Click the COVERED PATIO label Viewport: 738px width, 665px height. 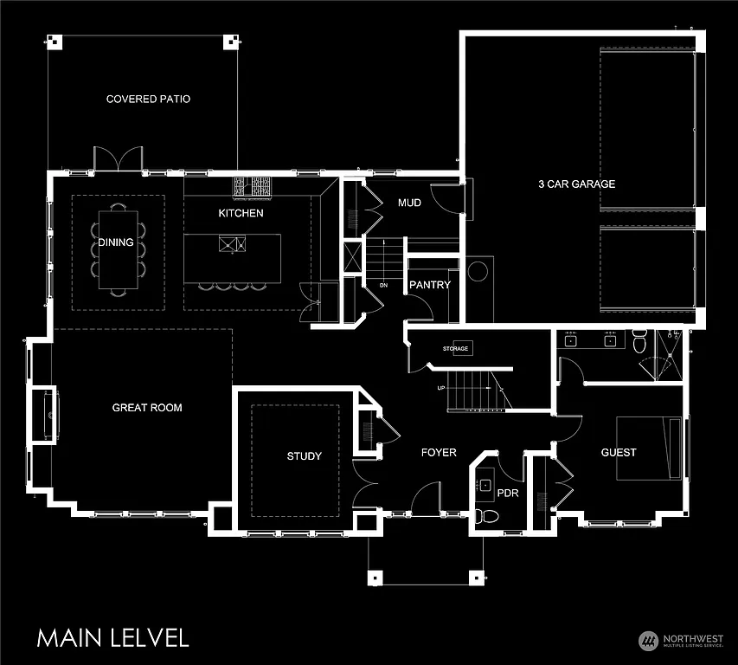(x=148, y=100)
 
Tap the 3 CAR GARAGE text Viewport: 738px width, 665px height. (x=576, y=184)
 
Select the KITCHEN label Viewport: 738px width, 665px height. (x=241, y=213)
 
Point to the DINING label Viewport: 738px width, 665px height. (x=115, y=243)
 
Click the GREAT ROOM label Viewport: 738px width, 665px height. (x=147, y=408)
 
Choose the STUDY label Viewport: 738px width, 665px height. (x=304, y=456)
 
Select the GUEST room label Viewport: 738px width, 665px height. (x=619, y=453)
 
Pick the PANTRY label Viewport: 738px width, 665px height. (x=430, y=285)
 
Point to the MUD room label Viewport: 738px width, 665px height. (x=409, y=203)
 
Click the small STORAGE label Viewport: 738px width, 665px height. (x=455, y=349)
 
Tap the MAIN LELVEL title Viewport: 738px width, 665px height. (x=112, y=638)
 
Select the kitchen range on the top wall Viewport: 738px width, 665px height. (x=252, y=185)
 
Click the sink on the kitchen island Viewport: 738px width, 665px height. (x=231, y=244)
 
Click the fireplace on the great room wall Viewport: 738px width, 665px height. (x=44, y=416)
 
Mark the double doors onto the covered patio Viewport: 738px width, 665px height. (x=117, y=160)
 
